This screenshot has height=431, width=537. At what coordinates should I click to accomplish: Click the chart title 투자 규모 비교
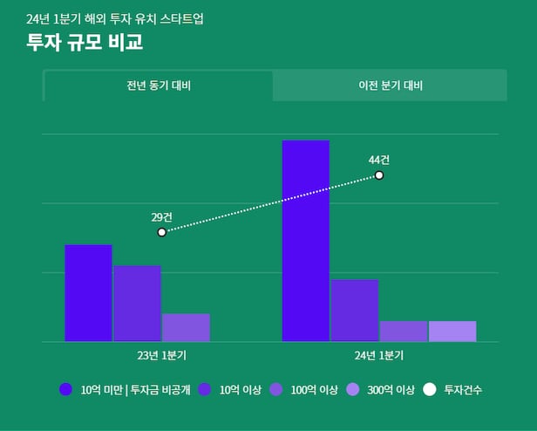(85, 42)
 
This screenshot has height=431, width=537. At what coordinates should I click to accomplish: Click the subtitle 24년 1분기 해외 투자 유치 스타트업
(115, 18)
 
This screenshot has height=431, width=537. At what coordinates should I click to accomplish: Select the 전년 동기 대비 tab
(158, 86)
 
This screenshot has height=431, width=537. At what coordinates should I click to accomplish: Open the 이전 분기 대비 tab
(390, 86)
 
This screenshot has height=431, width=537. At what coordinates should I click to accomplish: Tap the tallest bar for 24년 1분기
(306, 241)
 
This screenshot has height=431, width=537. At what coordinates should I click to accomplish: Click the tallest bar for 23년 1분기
(88, 293)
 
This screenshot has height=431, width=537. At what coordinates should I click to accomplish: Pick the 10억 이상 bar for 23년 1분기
(137, 304)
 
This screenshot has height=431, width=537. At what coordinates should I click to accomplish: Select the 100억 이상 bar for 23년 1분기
(186, 327)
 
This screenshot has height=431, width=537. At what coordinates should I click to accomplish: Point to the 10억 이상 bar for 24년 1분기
(354, 311)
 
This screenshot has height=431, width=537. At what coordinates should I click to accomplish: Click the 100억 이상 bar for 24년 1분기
(404, 332)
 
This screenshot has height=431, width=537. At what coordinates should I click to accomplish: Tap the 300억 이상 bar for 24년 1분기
(452, 332)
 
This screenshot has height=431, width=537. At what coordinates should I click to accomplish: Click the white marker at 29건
(162, 232)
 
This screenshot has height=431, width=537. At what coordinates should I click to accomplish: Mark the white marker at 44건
(379, 175)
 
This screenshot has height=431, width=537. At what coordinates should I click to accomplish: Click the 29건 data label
(161, 216)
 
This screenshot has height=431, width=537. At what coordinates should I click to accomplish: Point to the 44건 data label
(379, 160)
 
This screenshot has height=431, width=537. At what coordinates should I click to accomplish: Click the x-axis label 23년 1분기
(161, 356)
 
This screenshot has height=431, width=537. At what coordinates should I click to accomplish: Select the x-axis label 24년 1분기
(379, 356)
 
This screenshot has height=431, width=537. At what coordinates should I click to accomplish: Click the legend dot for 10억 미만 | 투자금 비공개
(65, 390)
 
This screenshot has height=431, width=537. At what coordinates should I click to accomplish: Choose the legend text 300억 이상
(391, 390)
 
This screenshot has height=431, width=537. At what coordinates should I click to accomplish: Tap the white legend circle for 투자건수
(430, 390)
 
